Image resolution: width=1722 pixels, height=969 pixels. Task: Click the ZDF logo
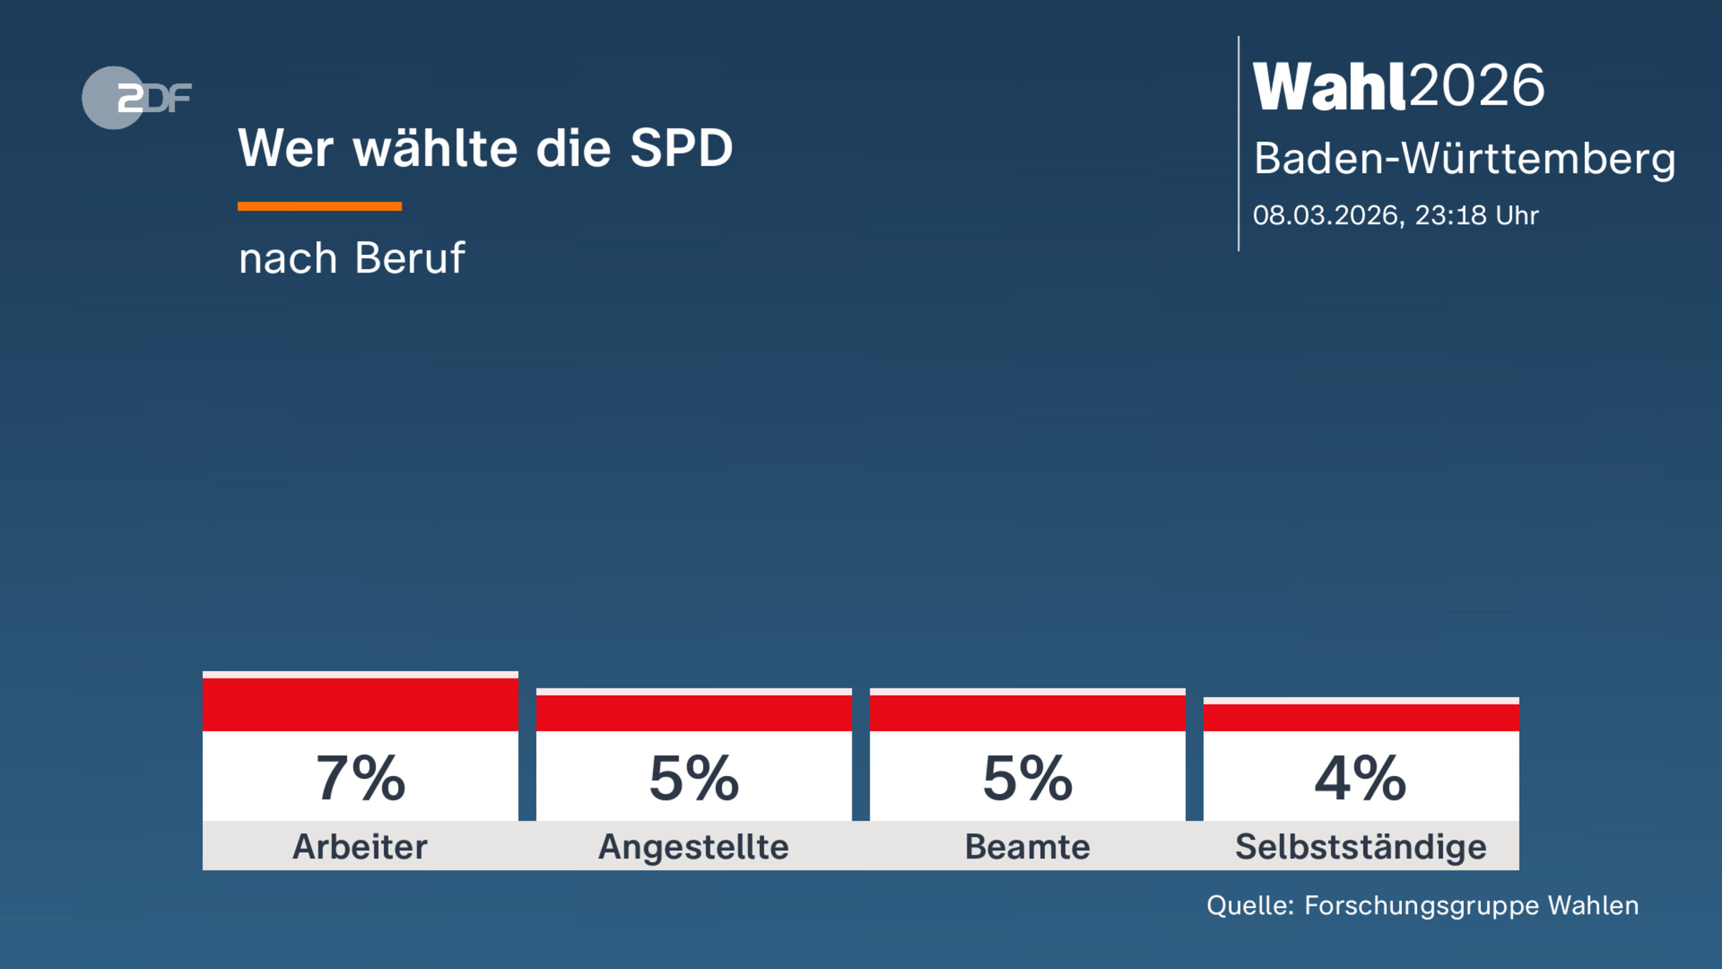[x=136, y=98]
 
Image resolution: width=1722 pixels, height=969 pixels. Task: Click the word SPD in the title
[x=681, y=149]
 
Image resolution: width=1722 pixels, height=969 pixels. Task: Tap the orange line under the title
[x=319, y=207]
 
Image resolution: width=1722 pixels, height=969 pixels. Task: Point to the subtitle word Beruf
[x=410, y=258]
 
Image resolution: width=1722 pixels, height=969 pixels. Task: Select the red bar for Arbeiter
[x=360, y=704]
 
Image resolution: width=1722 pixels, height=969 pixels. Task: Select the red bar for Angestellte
[x=694, y=713]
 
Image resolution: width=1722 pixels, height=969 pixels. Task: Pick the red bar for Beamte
[x=1027, y=713]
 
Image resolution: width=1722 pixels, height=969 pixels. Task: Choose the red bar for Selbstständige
[x=1361, y=717]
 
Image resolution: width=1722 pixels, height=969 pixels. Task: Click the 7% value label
[x=360, y=779]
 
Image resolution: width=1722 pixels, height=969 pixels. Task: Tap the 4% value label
[x=1360, y=779]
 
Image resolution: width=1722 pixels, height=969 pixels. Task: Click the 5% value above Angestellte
[x=694, y=779]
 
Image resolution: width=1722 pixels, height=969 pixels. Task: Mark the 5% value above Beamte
[x=1027, y=779]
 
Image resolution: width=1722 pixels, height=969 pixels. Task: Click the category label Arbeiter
[x=360, y=847]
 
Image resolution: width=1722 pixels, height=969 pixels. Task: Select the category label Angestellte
[x=694, y=847]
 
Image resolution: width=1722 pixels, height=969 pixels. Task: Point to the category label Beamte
[x=1027, y=847]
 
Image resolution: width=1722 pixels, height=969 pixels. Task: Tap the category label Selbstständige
[x=1360, y=847]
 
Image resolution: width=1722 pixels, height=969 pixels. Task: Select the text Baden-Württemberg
[x=1464, y=159]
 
